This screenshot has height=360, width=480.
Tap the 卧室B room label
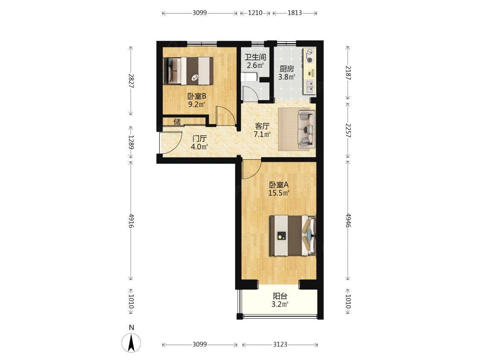[x=197, y=97]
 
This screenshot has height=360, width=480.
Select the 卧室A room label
[x=278, y=185]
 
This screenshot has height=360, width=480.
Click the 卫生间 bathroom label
[x=255, y=57]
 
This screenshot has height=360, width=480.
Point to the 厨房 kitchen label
[x=287, y=69]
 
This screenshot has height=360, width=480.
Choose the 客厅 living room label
[x=262, y=126]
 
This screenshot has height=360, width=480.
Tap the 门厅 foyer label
[x=199, y=139]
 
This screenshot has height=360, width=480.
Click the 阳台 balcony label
[x=280, y=296]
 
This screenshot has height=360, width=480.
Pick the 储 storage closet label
[x=177, y=122]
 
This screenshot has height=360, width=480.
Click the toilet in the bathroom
[x=248, y=76]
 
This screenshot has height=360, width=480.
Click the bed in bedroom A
[x=293, y=235]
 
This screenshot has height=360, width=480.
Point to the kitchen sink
[x=310, y=86]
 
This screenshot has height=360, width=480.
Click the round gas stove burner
[x=310, y=60]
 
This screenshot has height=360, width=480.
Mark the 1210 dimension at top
[x=255, y=13]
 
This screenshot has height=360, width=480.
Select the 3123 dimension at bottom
[x=280, y=344]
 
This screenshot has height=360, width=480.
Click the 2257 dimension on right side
[x=348, y=130]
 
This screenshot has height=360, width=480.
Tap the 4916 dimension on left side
[x=131, y=221]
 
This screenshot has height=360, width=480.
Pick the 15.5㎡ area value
[x=279, y=193]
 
